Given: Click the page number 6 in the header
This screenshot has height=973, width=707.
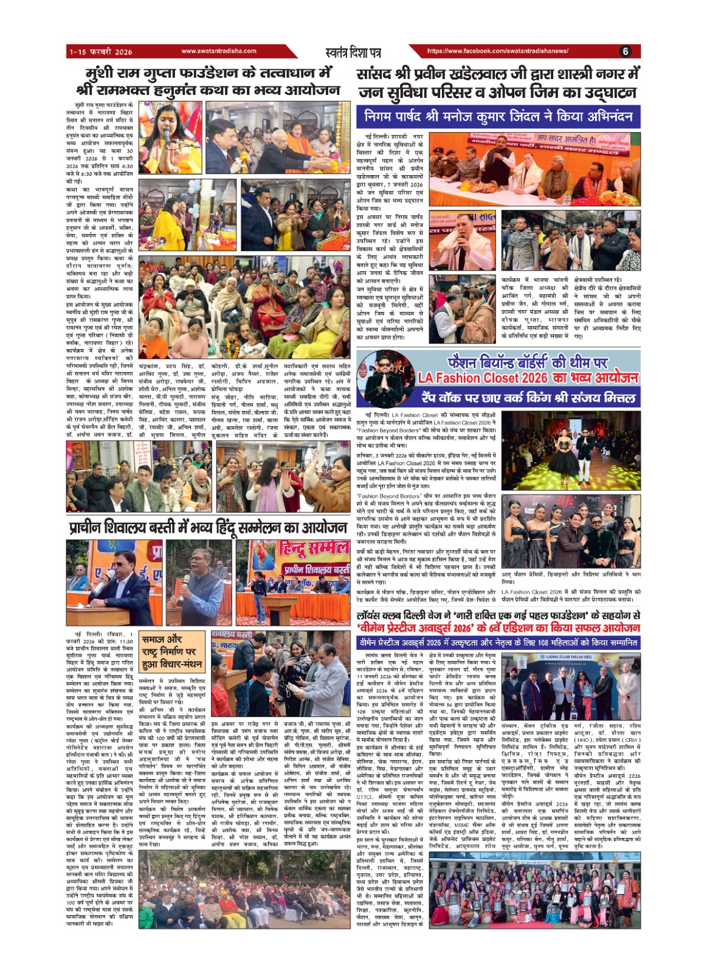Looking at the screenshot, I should tap(626, 52).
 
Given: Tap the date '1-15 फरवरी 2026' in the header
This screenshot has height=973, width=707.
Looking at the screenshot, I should tap(100, 52).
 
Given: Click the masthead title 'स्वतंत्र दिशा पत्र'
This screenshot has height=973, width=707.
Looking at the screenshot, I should tap(353, 52).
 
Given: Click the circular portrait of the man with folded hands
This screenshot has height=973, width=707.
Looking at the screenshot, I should tap(385, 378).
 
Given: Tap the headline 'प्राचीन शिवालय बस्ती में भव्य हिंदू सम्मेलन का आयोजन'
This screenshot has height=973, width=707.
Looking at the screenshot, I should tap(208, 528).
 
